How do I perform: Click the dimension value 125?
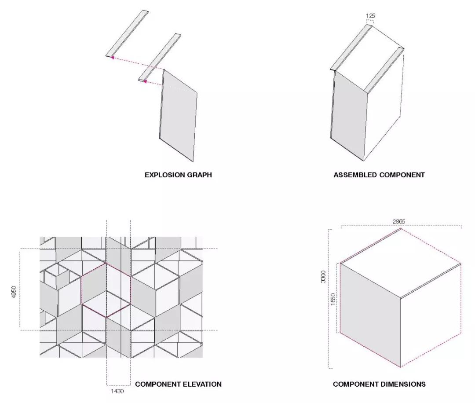click(370, 16)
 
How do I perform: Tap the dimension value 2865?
click(398, 221)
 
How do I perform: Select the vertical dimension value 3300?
click(323, 277)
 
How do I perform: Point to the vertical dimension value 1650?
click(333, 299)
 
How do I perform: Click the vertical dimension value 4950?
click(14, 292)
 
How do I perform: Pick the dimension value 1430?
click(117, 391)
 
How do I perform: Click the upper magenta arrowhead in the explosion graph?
click(113, 58)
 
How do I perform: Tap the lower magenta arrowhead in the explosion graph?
click(145, 81)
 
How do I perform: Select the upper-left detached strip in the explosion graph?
click(128, 33)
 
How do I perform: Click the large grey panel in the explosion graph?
click(179, 115)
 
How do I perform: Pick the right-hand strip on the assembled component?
click(384, 70)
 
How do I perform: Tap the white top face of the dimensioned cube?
click(401, 263)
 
